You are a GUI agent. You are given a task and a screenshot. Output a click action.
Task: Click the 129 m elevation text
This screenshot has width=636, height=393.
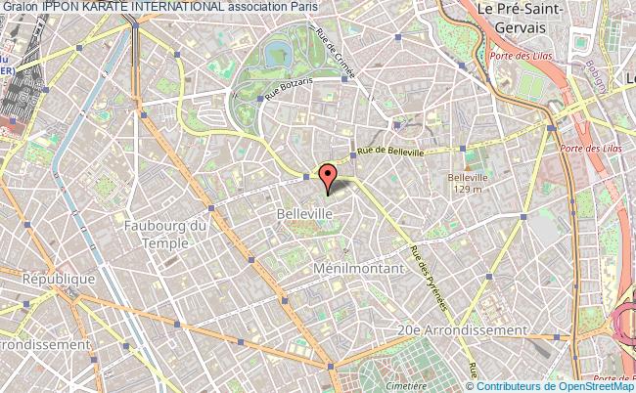pos(467,190)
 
